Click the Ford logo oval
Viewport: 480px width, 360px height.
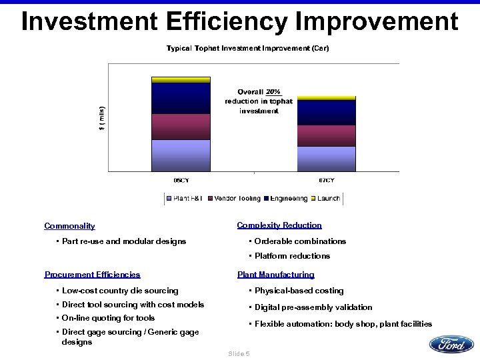(x=451, y=344)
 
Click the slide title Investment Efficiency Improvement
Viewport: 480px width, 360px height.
(x=240, y=21)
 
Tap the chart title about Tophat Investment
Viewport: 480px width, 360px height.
(x=247, y=48)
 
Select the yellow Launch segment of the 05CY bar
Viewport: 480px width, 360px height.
(x=181, y=79)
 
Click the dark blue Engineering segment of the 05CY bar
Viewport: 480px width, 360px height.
(x=181, y=98)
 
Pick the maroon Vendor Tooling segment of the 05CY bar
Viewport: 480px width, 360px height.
(x=181, y=126)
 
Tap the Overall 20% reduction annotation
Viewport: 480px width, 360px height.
(x=259, y=101)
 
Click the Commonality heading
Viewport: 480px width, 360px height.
(x=69, y=226)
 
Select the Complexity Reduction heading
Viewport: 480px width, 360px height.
(x=279, y=225)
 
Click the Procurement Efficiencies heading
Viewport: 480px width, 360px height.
(x=92, y=274)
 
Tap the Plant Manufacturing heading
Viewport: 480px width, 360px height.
(x=275, y=274)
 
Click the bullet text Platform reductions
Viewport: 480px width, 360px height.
(x=292, y=256)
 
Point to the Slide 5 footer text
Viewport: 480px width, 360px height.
(x=239, y=353)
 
